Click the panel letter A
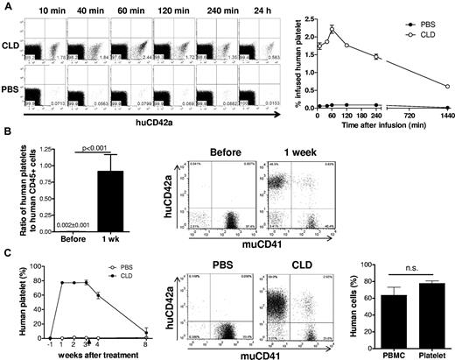6,7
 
